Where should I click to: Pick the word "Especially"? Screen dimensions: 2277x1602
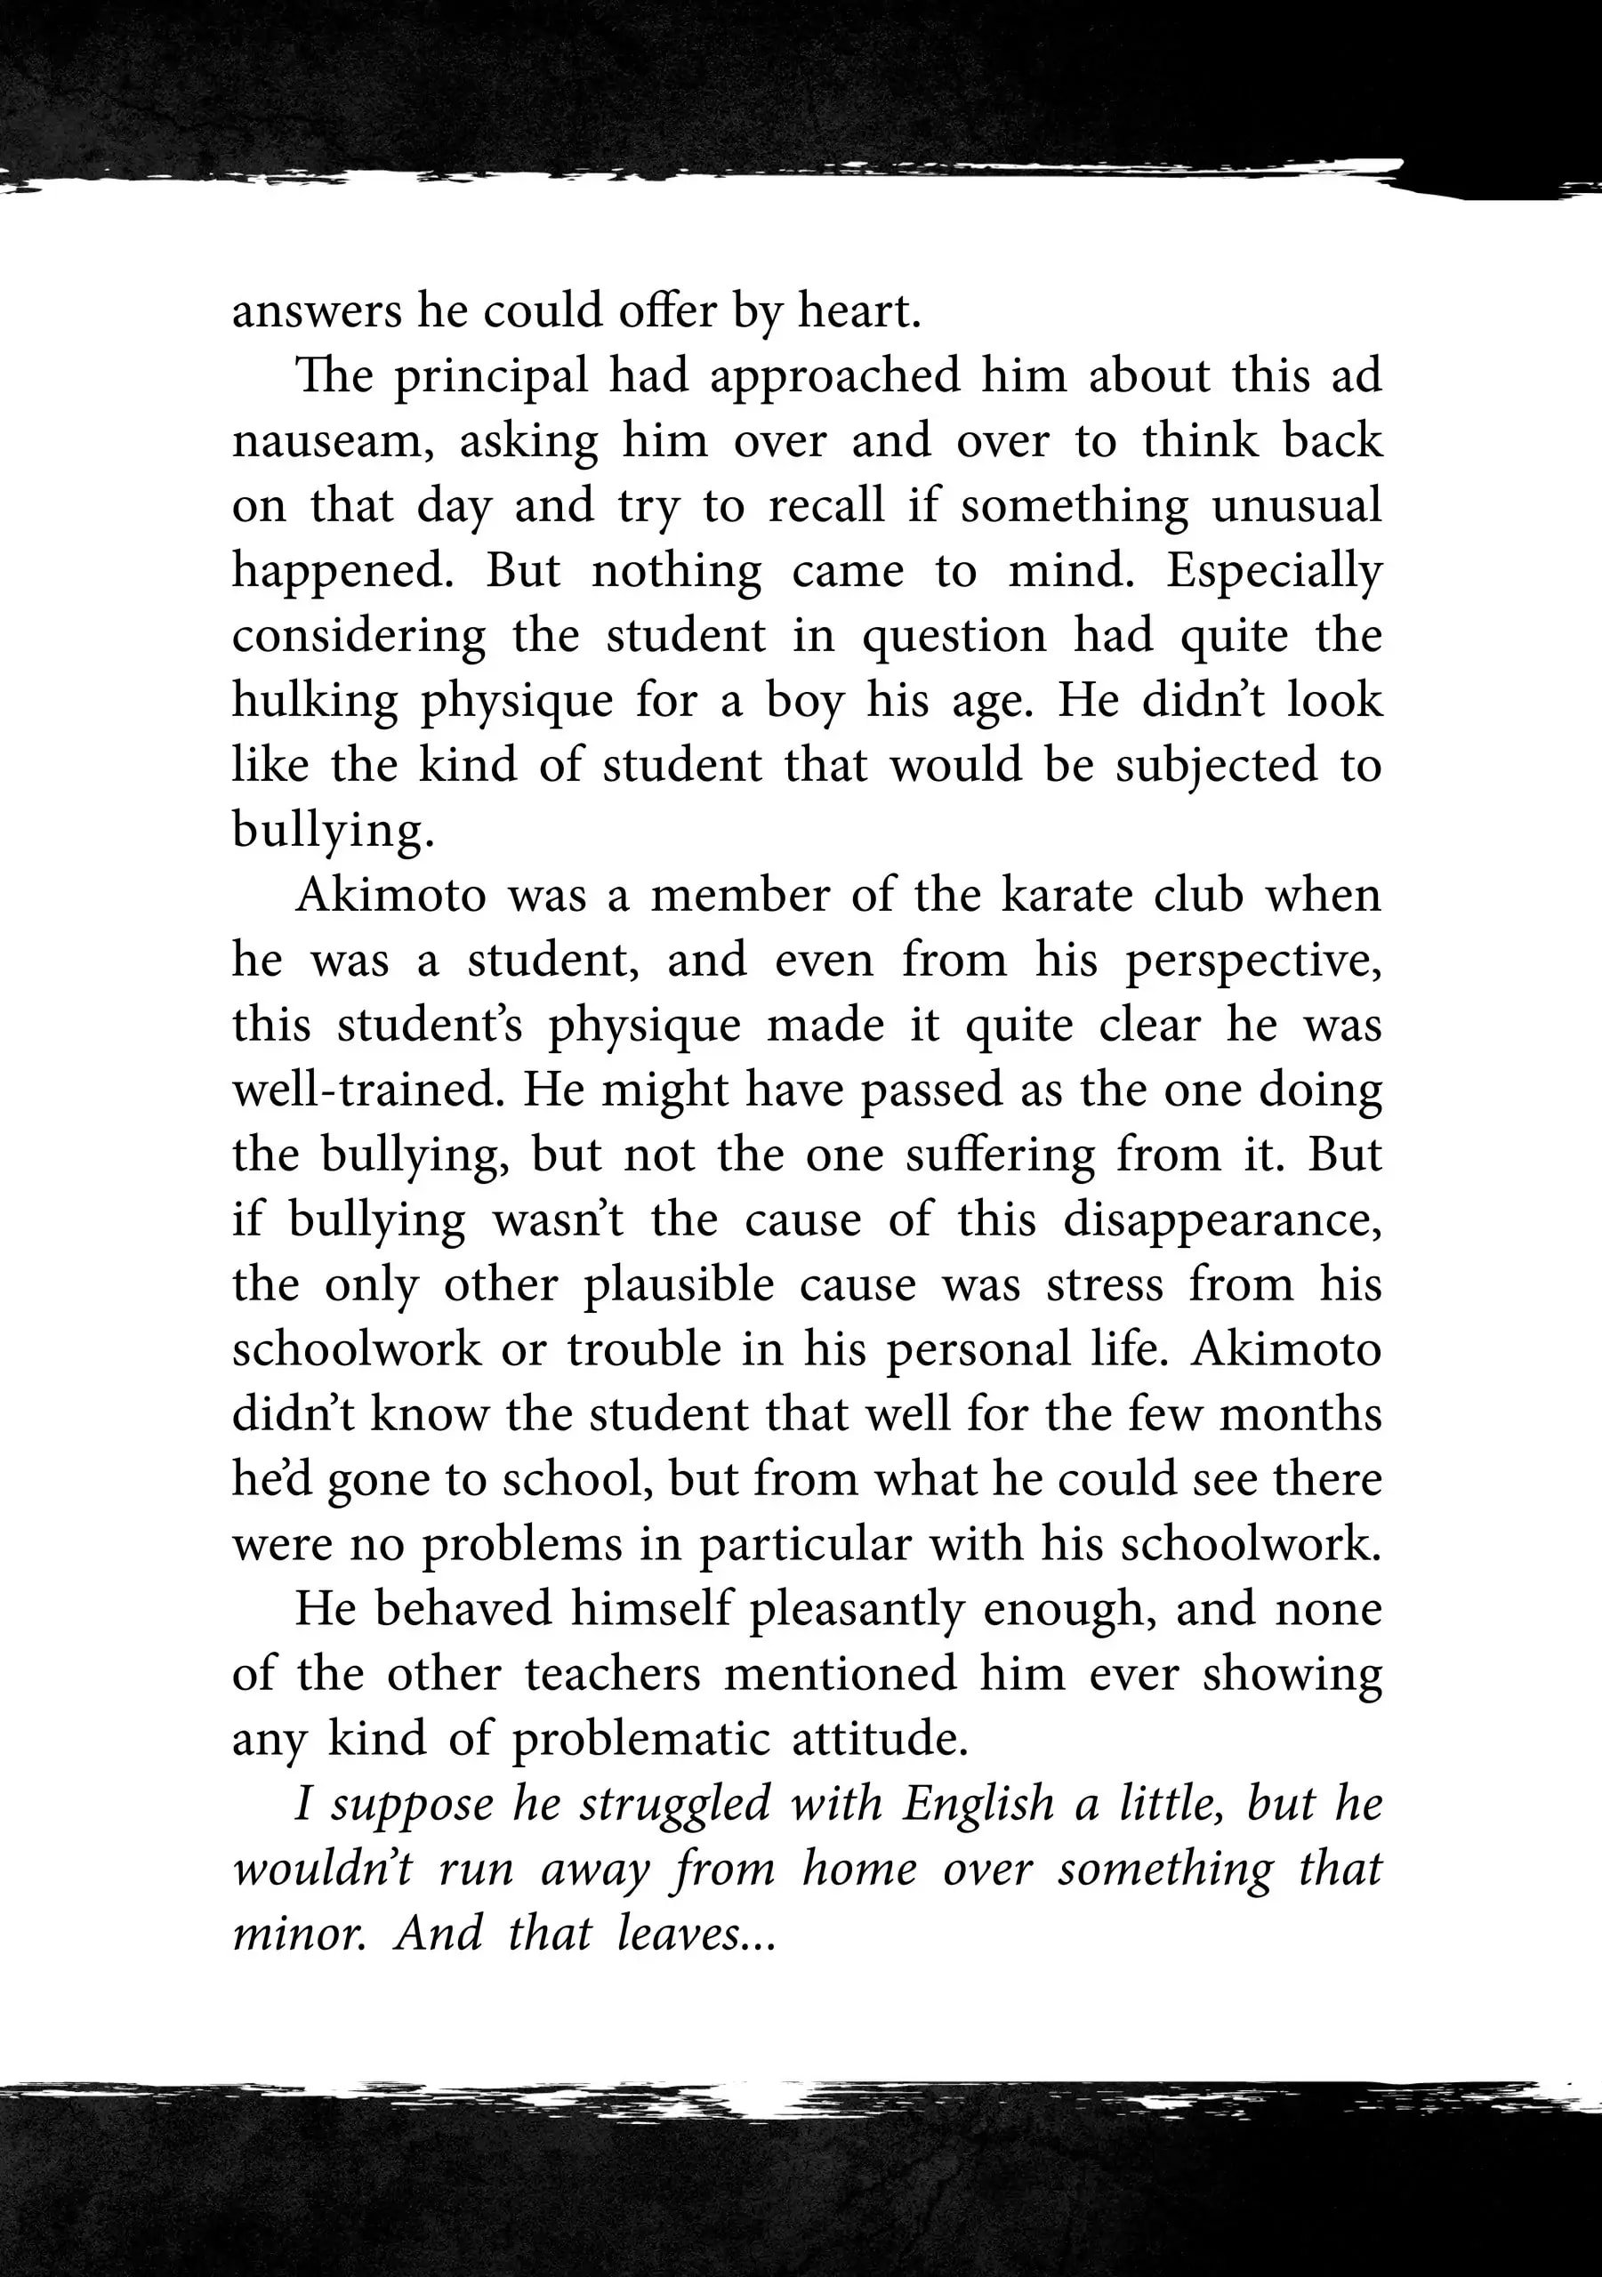[1274, 571]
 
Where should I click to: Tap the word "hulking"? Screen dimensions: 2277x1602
[312, 701]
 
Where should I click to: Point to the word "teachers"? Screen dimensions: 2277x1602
[612, 1674]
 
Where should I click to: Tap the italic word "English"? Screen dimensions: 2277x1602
[977, 1804]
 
